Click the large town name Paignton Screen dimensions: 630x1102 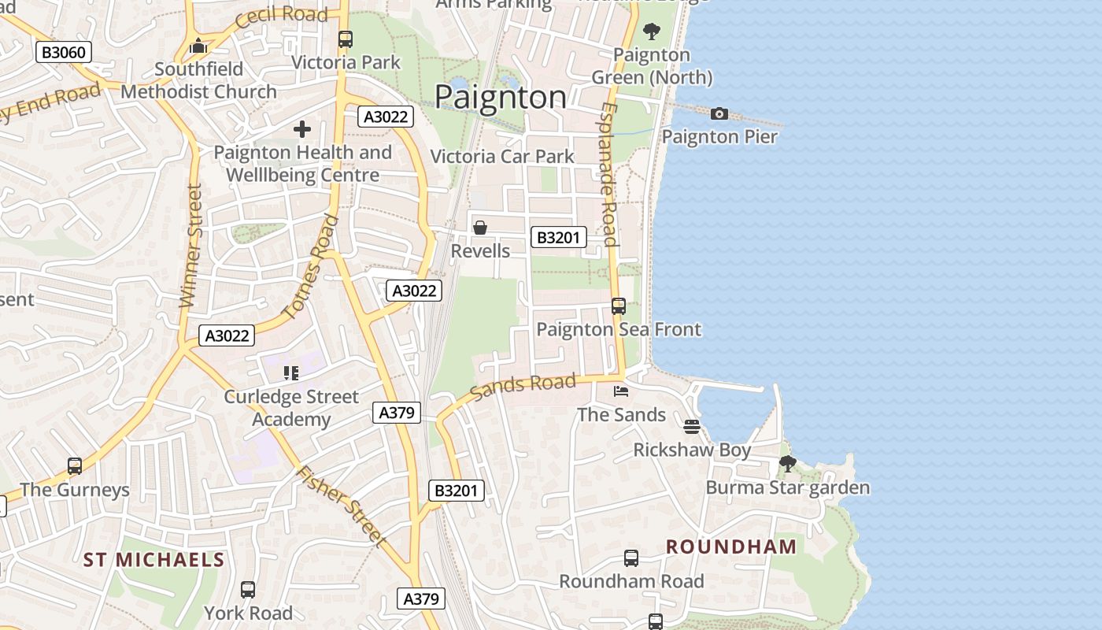[500, 97]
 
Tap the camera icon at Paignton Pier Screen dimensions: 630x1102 [719, 114]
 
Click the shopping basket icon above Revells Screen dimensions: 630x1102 [480, 228]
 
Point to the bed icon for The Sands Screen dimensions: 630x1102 [621, 391]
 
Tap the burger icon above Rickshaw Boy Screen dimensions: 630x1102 [692, 427]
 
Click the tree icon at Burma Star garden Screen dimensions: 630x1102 [787, 464]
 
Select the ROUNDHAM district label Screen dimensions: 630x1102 [731, 547]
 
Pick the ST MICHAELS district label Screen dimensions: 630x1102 [154, 560]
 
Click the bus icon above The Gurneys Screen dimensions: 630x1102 [75, 466]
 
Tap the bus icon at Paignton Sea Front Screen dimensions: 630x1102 [619, 306]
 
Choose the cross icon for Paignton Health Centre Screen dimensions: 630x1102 [302, 129]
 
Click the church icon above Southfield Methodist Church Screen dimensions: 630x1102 [198, 46]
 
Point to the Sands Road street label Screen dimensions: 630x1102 [523, 387]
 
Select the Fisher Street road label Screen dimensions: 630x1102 [341, 506]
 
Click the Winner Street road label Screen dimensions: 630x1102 [191, 246]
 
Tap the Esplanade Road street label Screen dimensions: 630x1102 [608, 173]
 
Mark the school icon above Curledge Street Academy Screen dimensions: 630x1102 [291, 373]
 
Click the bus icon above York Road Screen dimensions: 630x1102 [248, 590]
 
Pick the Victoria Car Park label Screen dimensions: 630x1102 [502, 157]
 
